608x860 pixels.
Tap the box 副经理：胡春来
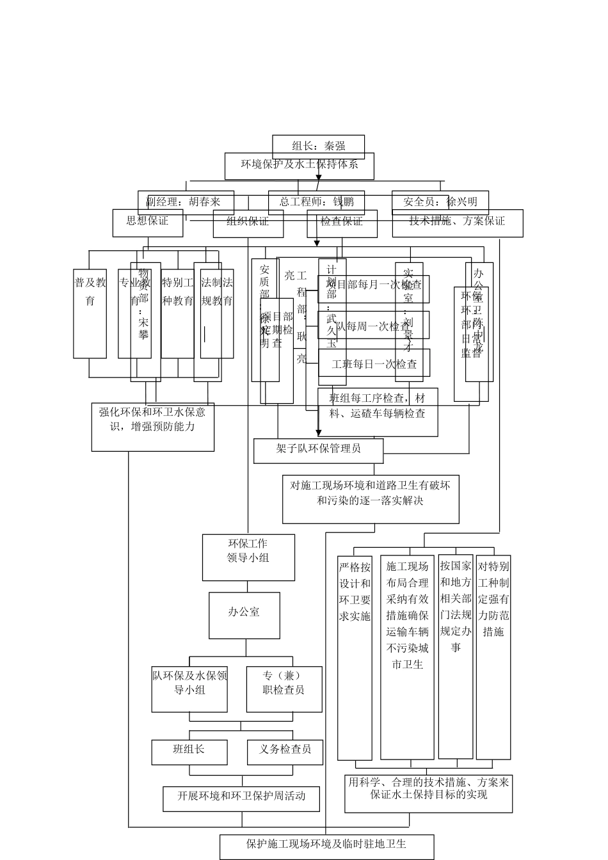186,202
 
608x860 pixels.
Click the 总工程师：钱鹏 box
316,202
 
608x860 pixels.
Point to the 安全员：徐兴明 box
440,202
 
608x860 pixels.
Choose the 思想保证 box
147,223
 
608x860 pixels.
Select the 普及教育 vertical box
90,314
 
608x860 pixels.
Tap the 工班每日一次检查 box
374,364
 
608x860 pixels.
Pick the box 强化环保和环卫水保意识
152,427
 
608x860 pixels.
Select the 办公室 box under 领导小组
244,615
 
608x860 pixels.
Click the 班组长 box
189,752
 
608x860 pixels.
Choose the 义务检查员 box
284,752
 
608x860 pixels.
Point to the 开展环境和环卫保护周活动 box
241,799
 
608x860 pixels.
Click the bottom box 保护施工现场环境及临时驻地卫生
326,846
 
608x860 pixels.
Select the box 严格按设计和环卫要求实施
355,659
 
